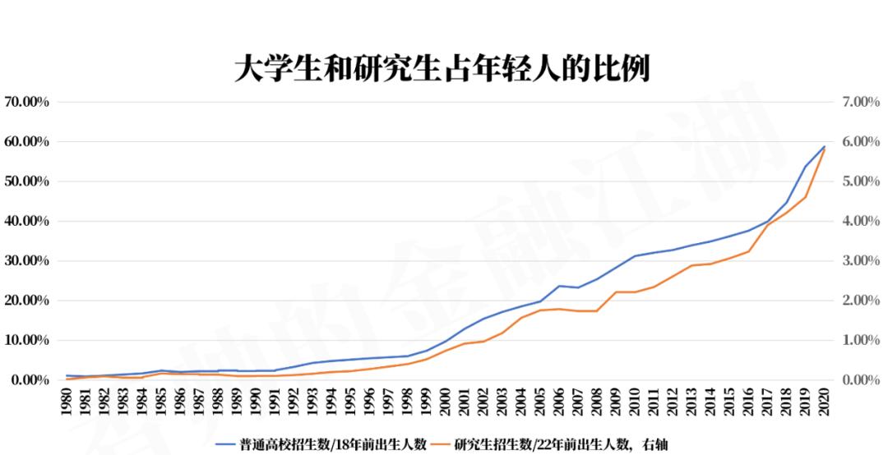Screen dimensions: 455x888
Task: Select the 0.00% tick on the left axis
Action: (30, 380)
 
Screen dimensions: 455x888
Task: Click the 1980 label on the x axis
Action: (67, 404)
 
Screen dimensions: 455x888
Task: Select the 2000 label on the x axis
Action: (445, 404)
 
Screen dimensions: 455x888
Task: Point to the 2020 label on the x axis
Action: (823, 404)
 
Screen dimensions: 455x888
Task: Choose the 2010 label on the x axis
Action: (634, 404)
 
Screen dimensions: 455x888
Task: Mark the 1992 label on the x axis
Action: (294, 404)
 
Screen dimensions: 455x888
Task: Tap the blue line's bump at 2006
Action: (559, 286)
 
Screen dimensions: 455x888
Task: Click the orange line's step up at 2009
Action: (616, 292)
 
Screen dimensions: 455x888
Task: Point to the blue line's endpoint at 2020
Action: (824, 147)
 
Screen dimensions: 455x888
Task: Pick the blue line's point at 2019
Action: (805, 167)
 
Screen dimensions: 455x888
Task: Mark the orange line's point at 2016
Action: (748, 251)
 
